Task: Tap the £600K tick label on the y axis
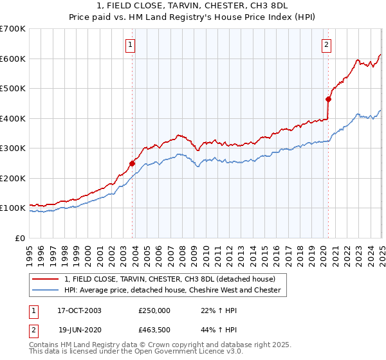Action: pos(12,59)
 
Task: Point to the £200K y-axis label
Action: pos(12,178)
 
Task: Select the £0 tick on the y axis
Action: pos(20,238)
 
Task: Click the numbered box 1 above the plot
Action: pos(131,45)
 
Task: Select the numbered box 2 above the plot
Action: pos(327,45)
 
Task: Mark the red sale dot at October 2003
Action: pos(132,163)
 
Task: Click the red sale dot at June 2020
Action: pos(328,99)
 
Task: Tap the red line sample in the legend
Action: pos(46,279)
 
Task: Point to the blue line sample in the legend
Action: pos(46,290)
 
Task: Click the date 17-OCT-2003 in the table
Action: pos(79,310)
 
